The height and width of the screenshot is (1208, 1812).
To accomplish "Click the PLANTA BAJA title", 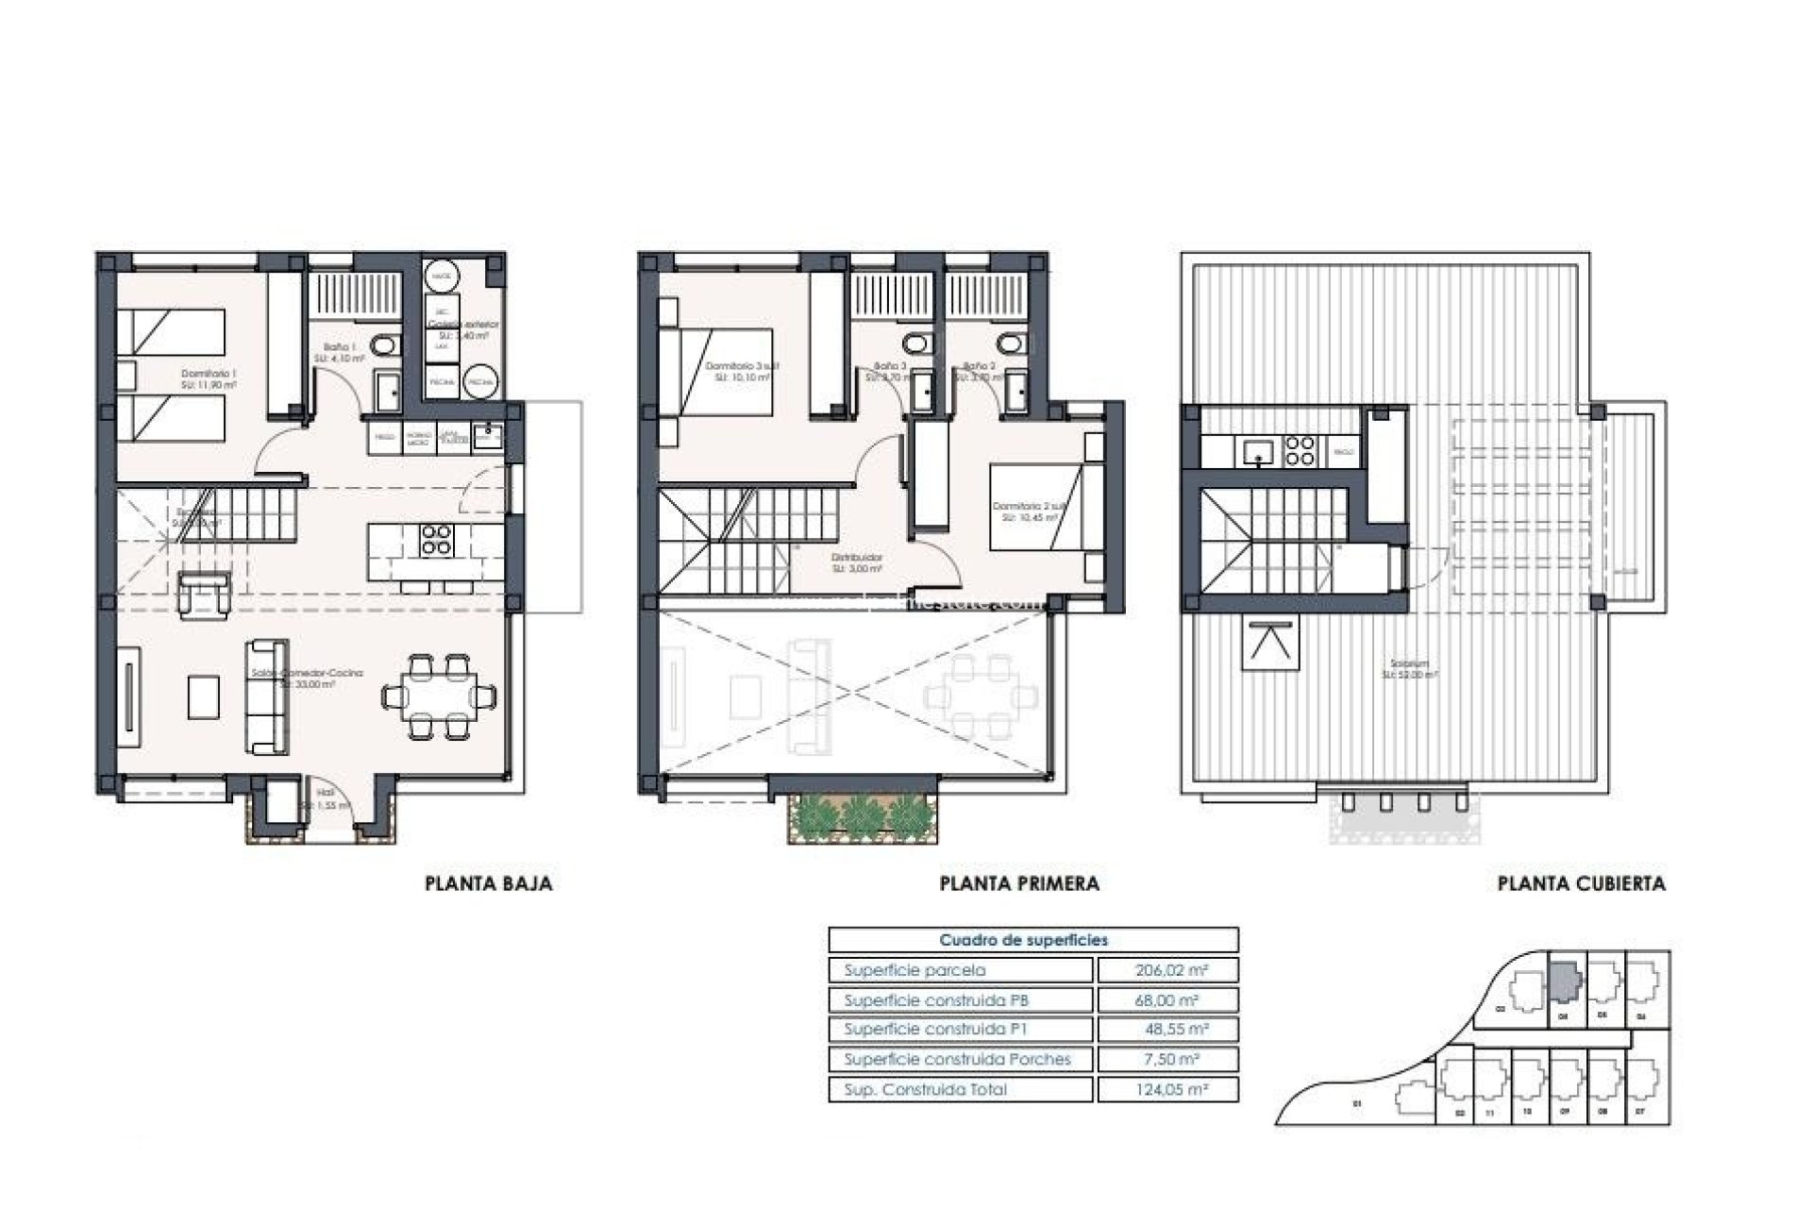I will [489, 884].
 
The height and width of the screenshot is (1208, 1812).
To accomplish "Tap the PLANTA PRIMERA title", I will [1019, 884].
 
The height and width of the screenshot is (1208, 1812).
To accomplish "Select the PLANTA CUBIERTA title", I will [1582, 884].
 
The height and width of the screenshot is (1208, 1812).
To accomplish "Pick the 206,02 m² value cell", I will [1166, 970].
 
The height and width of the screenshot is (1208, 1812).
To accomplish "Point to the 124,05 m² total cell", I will [1166, 1090].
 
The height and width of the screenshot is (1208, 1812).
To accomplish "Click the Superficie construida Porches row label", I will [958, 1060].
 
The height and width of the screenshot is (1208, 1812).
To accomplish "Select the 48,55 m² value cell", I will [1166, 1030].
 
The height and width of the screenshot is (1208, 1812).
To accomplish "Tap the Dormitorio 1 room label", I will [210, 375].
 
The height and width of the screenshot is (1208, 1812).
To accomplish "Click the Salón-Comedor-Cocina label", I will [307, 674].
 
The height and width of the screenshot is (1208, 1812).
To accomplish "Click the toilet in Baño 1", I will [384, 347].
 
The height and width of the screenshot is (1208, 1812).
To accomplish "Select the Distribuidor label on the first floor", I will [858, 559].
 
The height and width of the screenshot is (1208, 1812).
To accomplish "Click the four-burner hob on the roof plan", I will [1301, 451].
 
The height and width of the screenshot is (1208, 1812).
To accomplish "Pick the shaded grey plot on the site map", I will [1565, 983].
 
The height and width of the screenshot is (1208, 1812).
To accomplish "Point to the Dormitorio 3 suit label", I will [743, 366].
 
